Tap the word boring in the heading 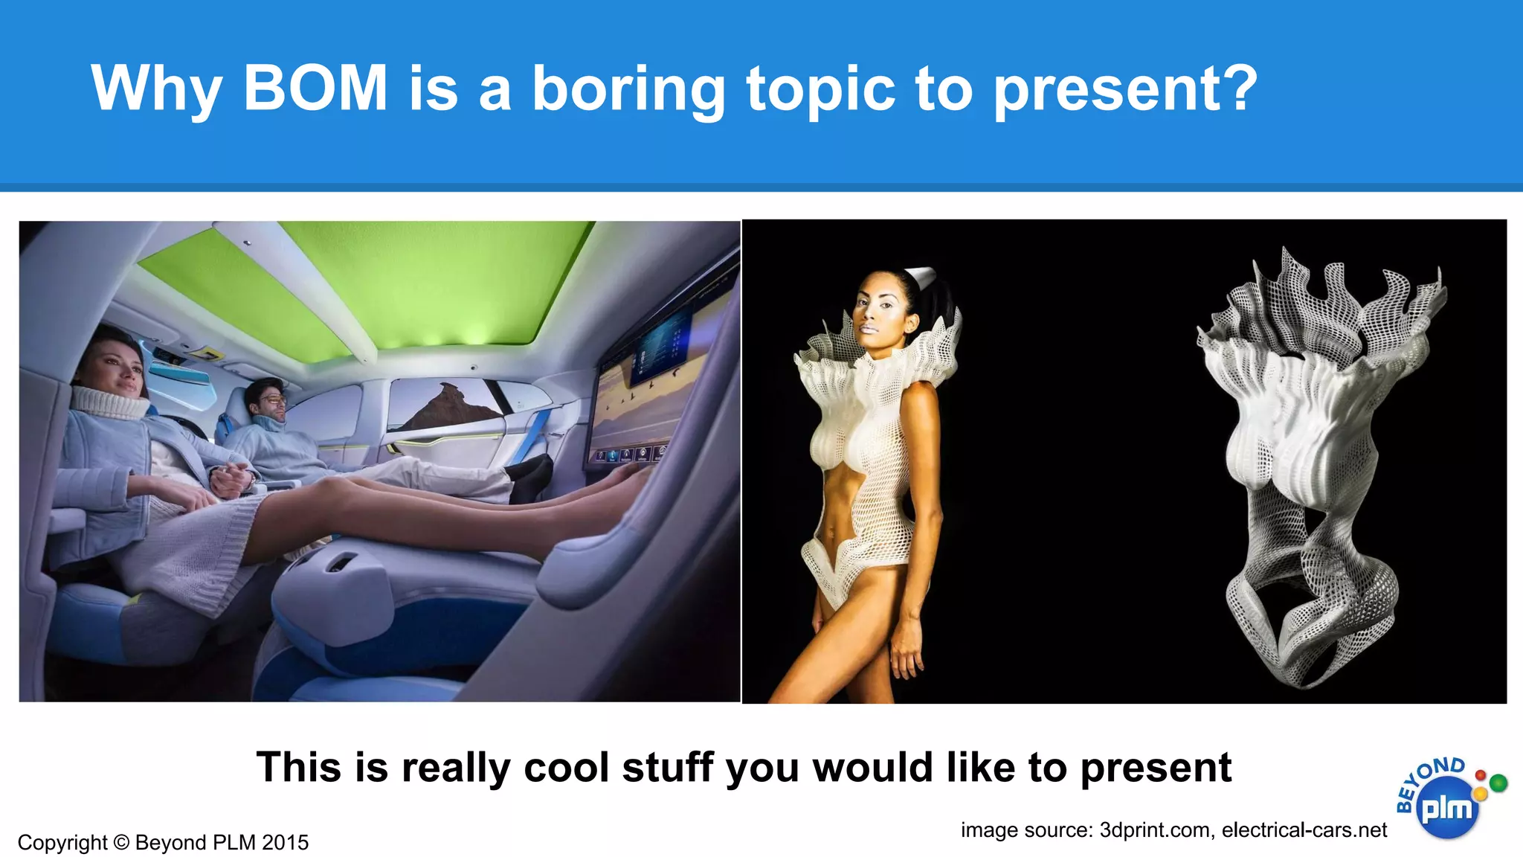click(628, 89)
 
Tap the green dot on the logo click(1498, 783)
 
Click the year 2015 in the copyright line click(285, 843)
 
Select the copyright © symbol click(121, 843)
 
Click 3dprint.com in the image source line click(1155, 829)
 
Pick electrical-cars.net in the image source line click(1304, 829)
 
